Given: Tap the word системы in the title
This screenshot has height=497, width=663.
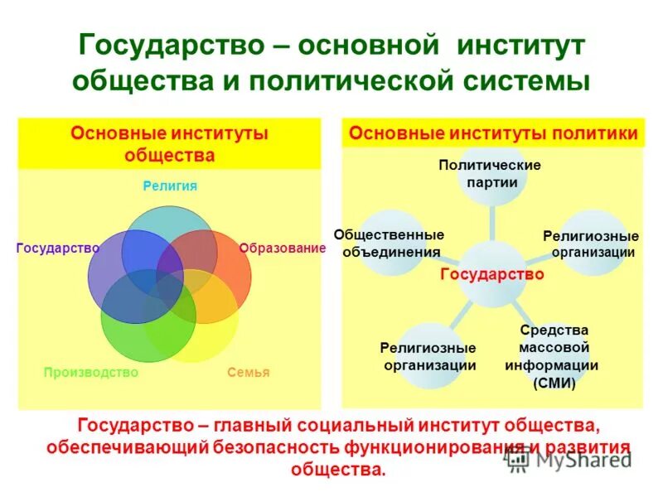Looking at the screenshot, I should point(521,81).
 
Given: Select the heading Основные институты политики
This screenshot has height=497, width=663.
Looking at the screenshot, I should point(493,133).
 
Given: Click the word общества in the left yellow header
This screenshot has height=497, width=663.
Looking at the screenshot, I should point(170,155).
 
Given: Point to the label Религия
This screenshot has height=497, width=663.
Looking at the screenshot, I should point(170,186).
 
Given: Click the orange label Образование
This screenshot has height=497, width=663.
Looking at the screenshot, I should point(283,248).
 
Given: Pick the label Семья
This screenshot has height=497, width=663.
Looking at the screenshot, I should point(249,372).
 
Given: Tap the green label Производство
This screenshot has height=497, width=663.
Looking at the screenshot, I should point(90,372).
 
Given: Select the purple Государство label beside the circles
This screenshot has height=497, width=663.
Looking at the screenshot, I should point(58,248).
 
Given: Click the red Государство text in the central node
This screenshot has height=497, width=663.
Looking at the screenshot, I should point(491,274).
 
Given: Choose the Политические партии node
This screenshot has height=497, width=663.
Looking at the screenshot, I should point(490,173).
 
